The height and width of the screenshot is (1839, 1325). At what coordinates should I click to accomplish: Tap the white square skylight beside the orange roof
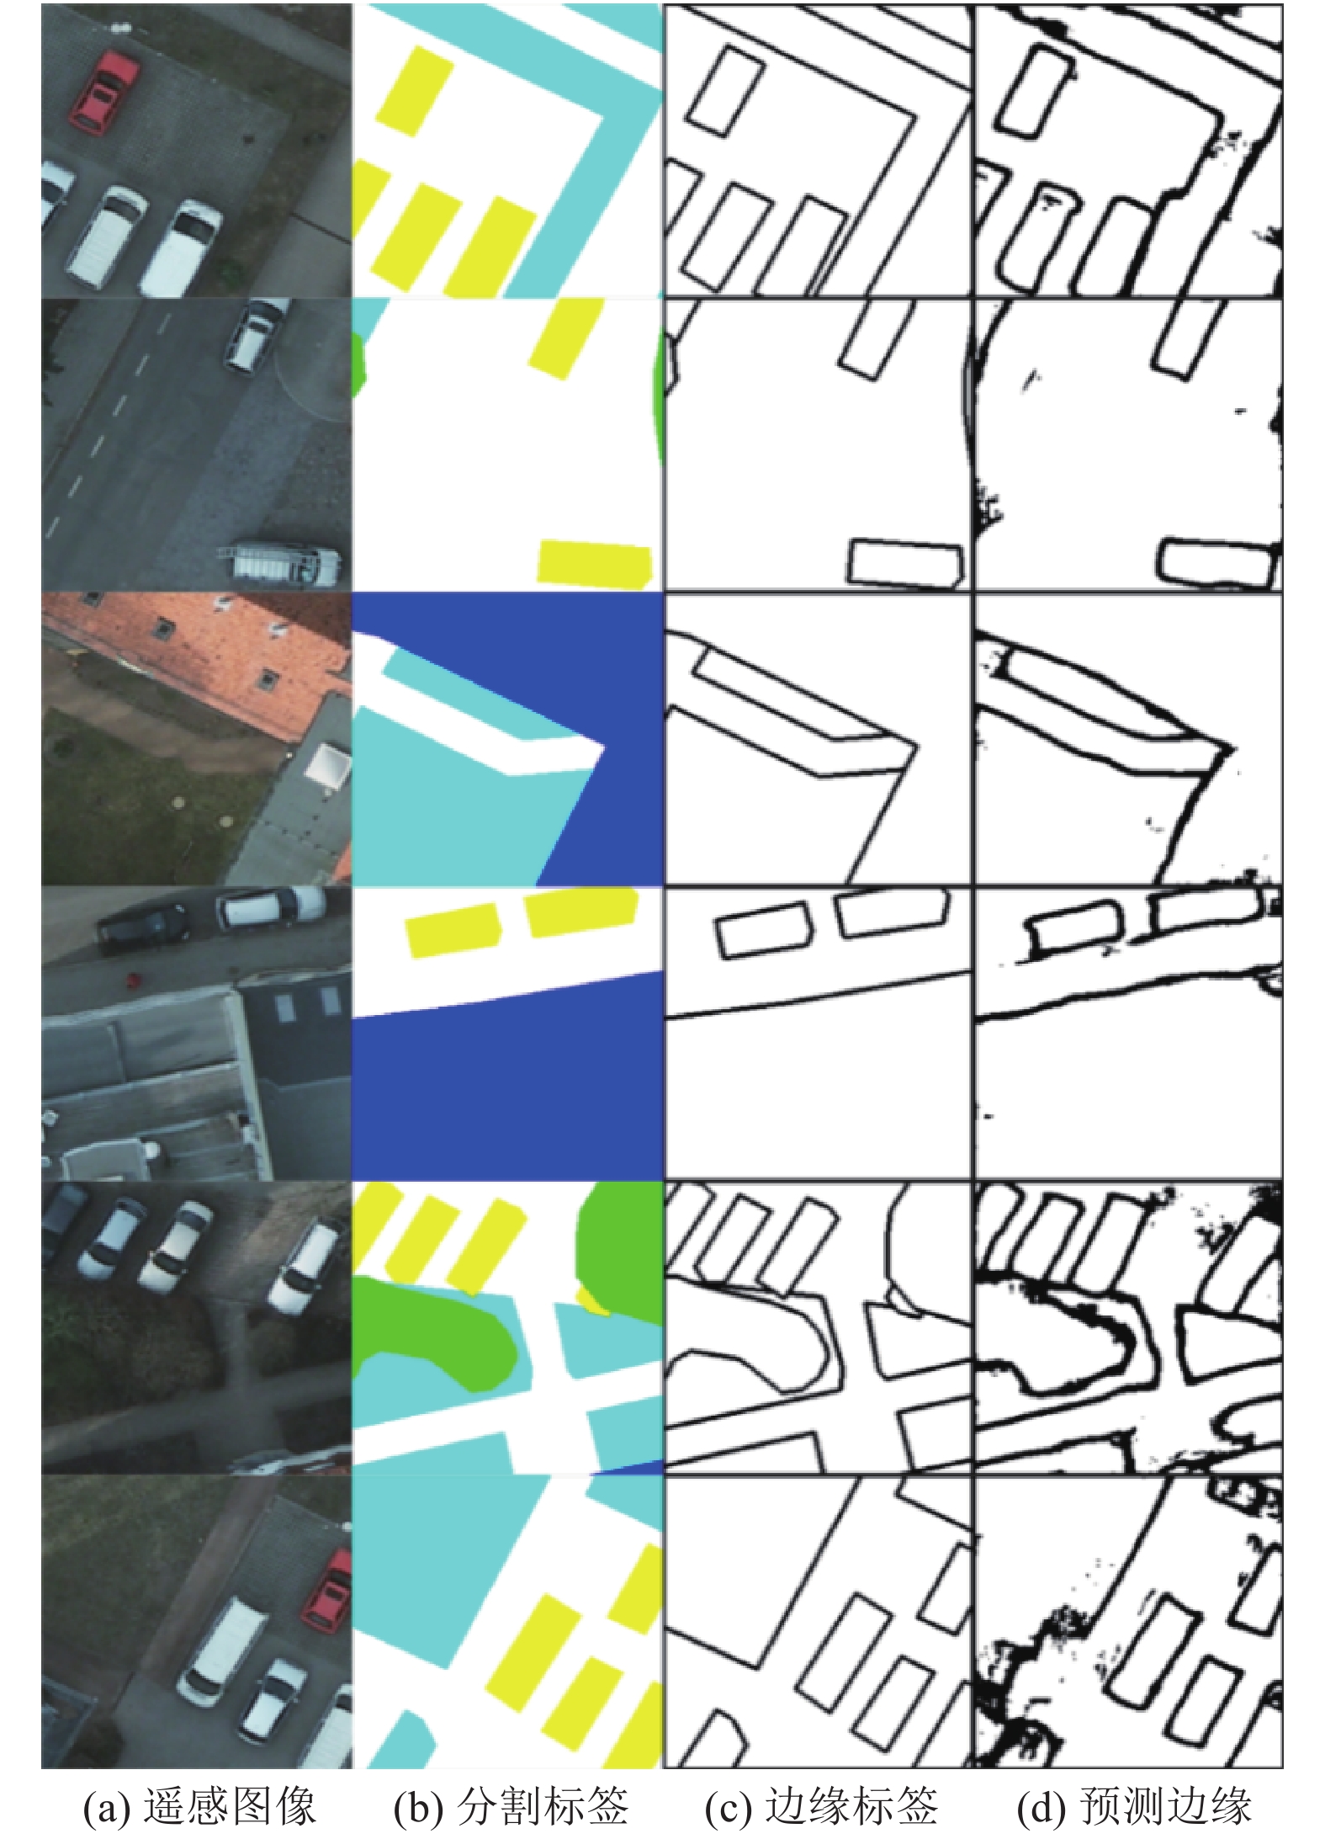point(326,768)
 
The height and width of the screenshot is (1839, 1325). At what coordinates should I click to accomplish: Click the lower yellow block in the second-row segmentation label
point(596,563)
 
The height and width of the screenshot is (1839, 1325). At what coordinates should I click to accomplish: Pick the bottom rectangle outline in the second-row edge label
point(905,562)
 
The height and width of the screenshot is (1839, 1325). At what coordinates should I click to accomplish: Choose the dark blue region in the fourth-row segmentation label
point(507,1086)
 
